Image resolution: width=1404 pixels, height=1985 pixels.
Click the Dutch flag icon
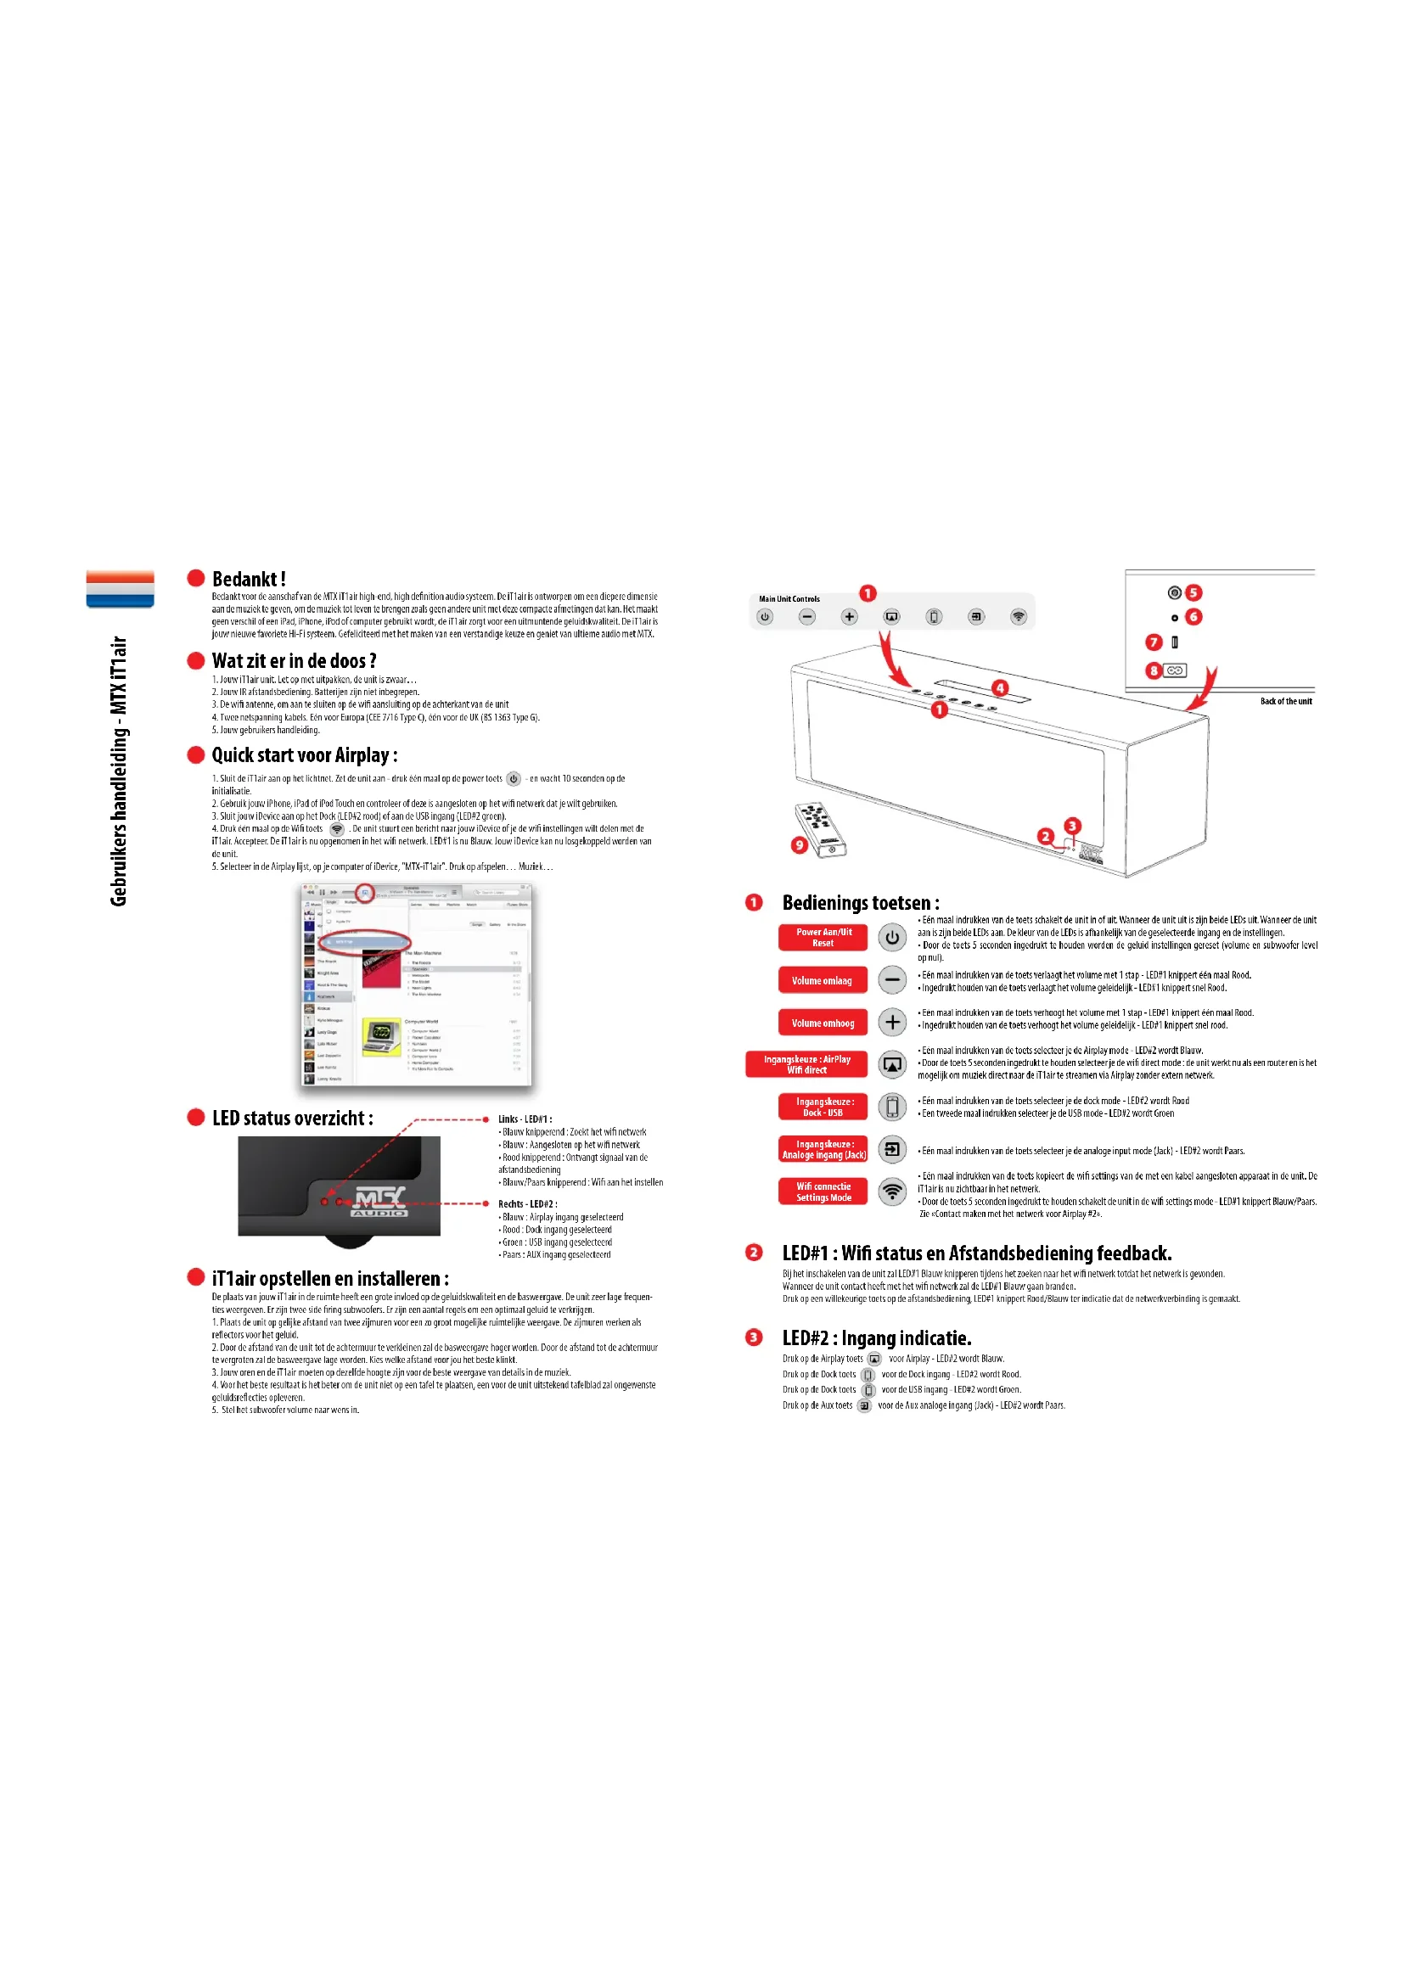pyautogui.click(x=121, y=589)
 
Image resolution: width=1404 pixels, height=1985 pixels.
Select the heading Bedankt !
pyautogui.click(x=248, y=580)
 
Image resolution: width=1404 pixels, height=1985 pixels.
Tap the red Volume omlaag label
pyautogui.click(x=823, y=980)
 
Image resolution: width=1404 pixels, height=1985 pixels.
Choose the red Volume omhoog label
pyautogui.click(x=823, y=1023)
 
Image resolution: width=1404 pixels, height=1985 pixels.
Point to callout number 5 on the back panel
pyautogui.click(x=1194, y=593)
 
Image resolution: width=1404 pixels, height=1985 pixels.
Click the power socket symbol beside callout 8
pyautogui.click(x=1175, y=671)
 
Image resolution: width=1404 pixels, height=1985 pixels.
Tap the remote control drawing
pyautogui.click(x=820, y=829)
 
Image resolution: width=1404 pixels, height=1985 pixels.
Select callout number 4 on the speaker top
pyautogui.click(x=999, y=688)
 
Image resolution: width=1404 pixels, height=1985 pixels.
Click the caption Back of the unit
pyautogui.click(x=1285, y=701)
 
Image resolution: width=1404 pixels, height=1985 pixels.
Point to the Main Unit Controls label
pyautogui.click(x=789, y=599)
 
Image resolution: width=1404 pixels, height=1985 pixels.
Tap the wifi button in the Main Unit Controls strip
pyautogui.click(x=1019, y=617)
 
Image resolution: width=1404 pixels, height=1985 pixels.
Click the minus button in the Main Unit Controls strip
pyautogui.click(x=806, y=617)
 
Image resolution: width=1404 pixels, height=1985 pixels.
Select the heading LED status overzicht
pyautogui.click(x=292, y=1119)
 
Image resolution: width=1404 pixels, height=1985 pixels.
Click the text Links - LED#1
pyautogui.click(x=525, y=1119)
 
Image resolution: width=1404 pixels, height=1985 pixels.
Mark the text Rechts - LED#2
pyautogui.click(x=527, y=1204)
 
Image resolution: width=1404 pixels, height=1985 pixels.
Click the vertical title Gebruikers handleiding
pyautogui.click(x=119, y=771)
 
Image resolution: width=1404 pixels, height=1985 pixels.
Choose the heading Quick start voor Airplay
pyautogui.click(x=305, y=755)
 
